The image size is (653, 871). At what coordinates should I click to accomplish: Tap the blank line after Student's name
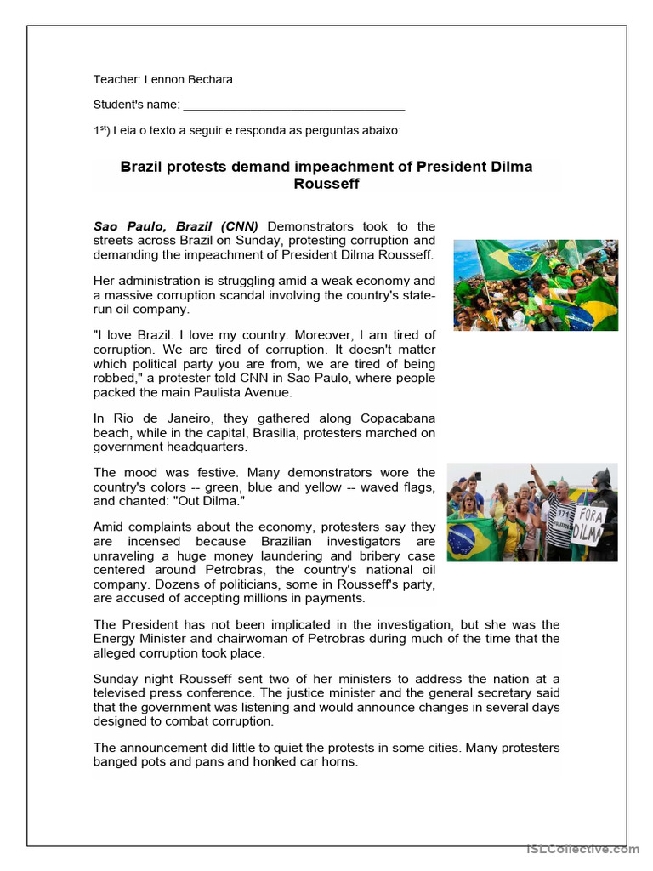pyautogui.click(x=293, y=105)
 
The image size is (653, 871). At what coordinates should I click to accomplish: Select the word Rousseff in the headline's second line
pyautogui.click(x=326, y=184)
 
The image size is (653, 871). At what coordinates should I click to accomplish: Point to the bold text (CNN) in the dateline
pyautogui.click(x=239, y=226)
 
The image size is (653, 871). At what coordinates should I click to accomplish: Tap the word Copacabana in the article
pyautogui.click(x=398, y=418)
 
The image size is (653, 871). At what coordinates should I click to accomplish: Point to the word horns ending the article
pyautogui.click(x=340, y=762)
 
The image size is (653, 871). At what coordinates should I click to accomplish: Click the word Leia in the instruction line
pyautogui.click(x=123, y=131)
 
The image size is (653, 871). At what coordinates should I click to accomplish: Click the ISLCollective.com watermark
pyautogui.click(x=582, y=849)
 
